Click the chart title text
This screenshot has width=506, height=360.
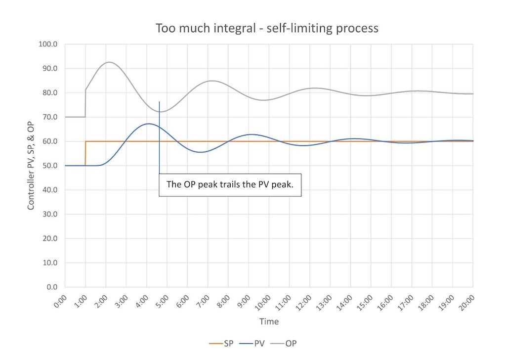(x=267, y=28)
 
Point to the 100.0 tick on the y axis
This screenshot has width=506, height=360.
(x=49, y=45)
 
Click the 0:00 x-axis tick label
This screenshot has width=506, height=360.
(x=61, y=301)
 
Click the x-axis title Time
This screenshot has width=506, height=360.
(x=269, y=322)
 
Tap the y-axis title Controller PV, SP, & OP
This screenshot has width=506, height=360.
(x=31, y=165)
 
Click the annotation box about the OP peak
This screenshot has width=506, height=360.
(x=230, y=184)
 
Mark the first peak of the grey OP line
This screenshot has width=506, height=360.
(x=108, y=62)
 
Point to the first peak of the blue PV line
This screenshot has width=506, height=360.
(x=148, y=124)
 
